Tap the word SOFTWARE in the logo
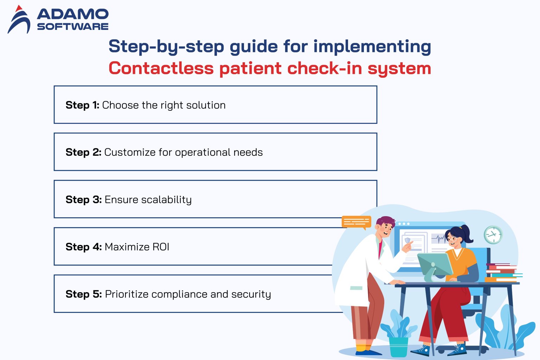[73, 27]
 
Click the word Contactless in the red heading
[161, 68]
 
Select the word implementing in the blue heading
[372, 46]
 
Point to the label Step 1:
[82, 105]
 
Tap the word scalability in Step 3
[166, 200]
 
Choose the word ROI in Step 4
[161, 247]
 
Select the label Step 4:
[84, 247]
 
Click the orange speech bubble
[356, 222]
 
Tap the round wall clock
[493, 235]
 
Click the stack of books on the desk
[502, 272]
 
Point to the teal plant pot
[398, 347]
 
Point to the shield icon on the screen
[408, 241]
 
